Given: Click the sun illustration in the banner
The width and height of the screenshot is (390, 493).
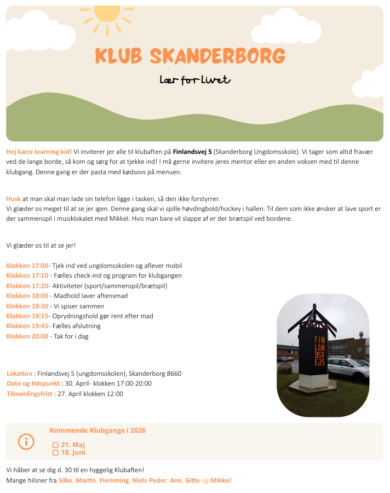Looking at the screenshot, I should click(107, 15).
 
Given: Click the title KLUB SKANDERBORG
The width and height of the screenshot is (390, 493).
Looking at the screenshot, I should click(190, 55).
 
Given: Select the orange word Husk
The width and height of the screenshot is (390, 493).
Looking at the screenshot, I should click(13, 199).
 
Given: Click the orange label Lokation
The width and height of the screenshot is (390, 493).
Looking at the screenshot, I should click(19, 374).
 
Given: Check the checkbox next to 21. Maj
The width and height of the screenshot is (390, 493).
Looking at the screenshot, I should click(55, 445).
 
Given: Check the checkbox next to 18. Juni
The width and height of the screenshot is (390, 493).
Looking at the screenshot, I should click(55, 453).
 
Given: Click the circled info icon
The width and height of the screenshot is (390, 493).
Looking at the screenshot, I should click(26, 442).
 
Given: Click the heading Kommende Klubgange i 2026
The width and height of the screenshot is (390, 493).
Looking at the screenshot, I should click(97, 431).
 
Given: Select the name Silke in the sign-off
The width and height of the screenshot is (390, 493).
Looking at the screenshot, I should click(65, 480).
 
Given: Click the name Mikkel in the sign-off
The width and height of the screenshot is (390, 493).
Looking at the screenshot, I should click(220, 480).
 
